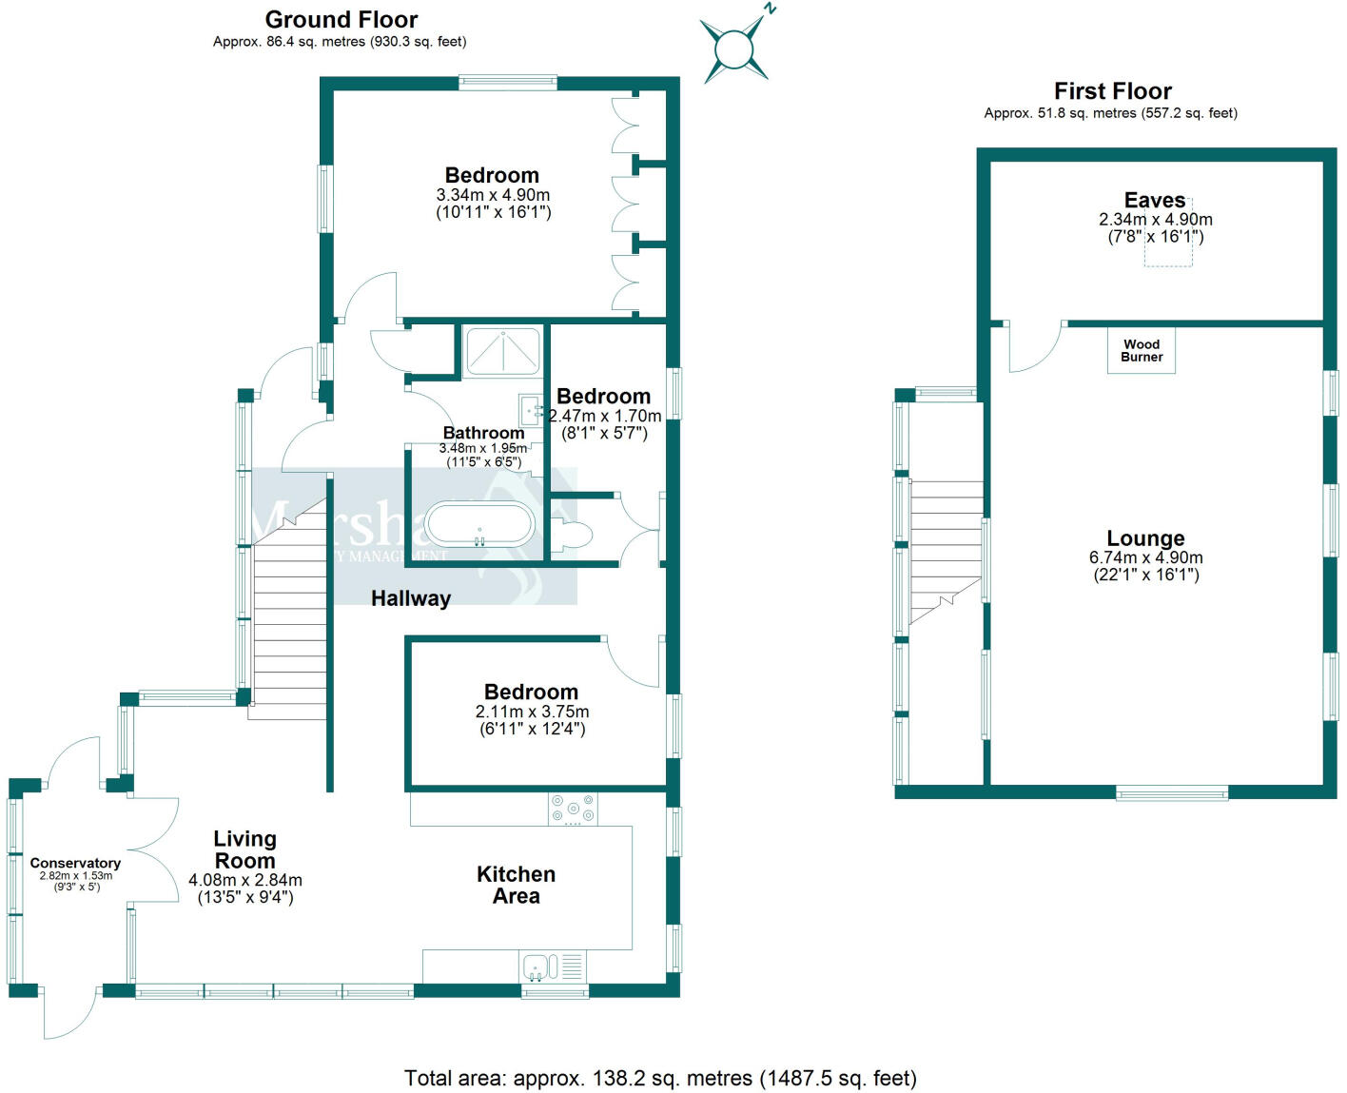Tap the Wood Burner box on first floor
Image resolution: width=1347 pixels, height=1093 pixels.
(1141, 350)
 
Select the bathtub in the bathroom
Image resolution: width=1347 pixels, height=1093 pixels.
(479, 524)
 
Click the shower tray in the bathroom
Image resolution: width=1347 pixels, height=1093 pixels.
(502, 350)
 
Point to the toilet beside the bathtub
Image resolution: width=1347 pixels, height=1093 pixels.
(572, 536)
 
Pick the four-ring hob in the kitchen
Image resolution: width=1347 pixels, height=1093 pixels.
(573, 809)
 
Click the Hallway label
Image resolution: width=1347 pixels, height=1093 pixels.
(411, 598)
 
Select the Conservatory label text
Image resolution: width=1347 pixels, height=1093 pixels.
(75, 863)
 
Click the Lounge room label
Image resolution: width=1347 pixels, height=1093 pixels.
(1145, 538)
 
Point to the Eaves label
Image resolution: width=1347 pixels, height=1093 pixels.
(1155, 200)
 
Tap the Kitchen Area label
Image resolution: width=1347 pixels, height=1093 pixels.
(516, 885)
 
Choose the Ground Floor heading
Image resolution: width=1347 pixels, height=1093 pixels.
(341, 19)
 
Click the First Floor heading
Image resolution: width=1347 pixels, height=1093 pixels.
(1112, 91)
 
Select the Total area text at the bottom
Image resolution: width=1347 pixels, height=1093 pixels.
(660, 1078)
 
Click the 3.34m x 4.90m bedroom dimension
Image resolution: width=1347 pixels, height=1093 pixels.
(493, 195)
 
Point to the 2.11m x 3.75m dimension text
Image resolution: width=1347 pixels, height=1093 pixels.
(532, 712)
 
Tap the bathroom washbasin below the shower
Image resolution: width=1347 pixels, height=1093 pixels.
(531, 410)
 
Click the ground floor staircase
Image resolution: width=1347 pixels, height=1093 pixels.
(289, 628)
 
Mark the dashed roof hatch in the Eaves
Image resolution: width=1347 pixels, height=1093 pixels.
(1168, 246)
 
